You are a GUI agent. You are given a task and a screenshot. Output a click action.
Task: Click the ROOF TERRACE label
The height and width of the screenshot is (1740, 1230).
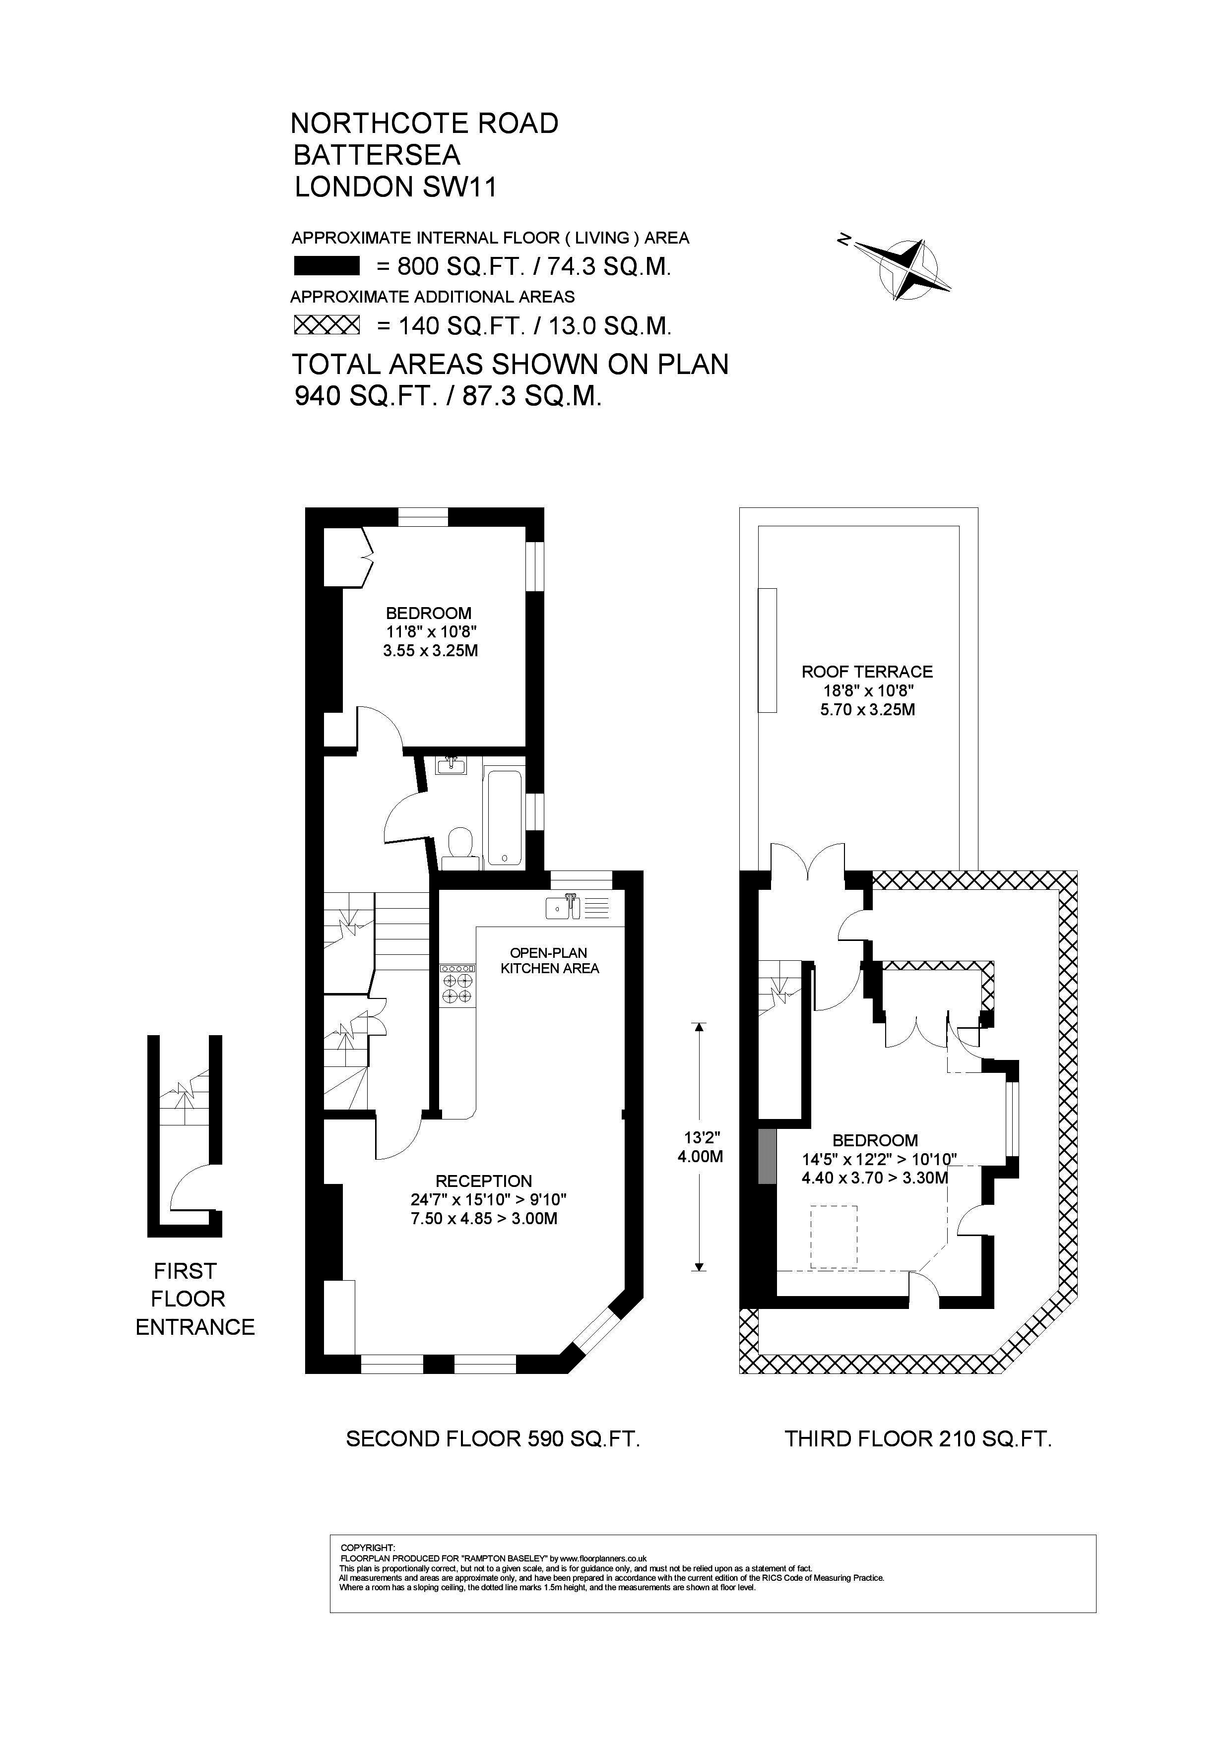[867, 672]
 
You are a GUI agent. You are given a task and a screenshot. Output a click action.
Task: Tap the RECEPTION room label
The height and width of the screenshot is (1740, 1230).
[483, 1181]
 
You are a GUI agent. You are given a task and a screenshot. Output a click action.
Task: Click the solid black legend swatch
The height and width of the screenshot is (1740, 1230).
[326, 266]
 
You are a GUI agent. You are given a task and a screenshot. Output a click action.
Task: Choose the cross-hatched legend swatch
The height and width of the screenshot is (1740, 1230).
[326, 325]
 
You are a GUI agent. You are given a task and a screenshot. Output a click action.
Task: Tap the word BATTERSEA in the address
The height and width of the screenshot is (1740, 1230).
[377, 155]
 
